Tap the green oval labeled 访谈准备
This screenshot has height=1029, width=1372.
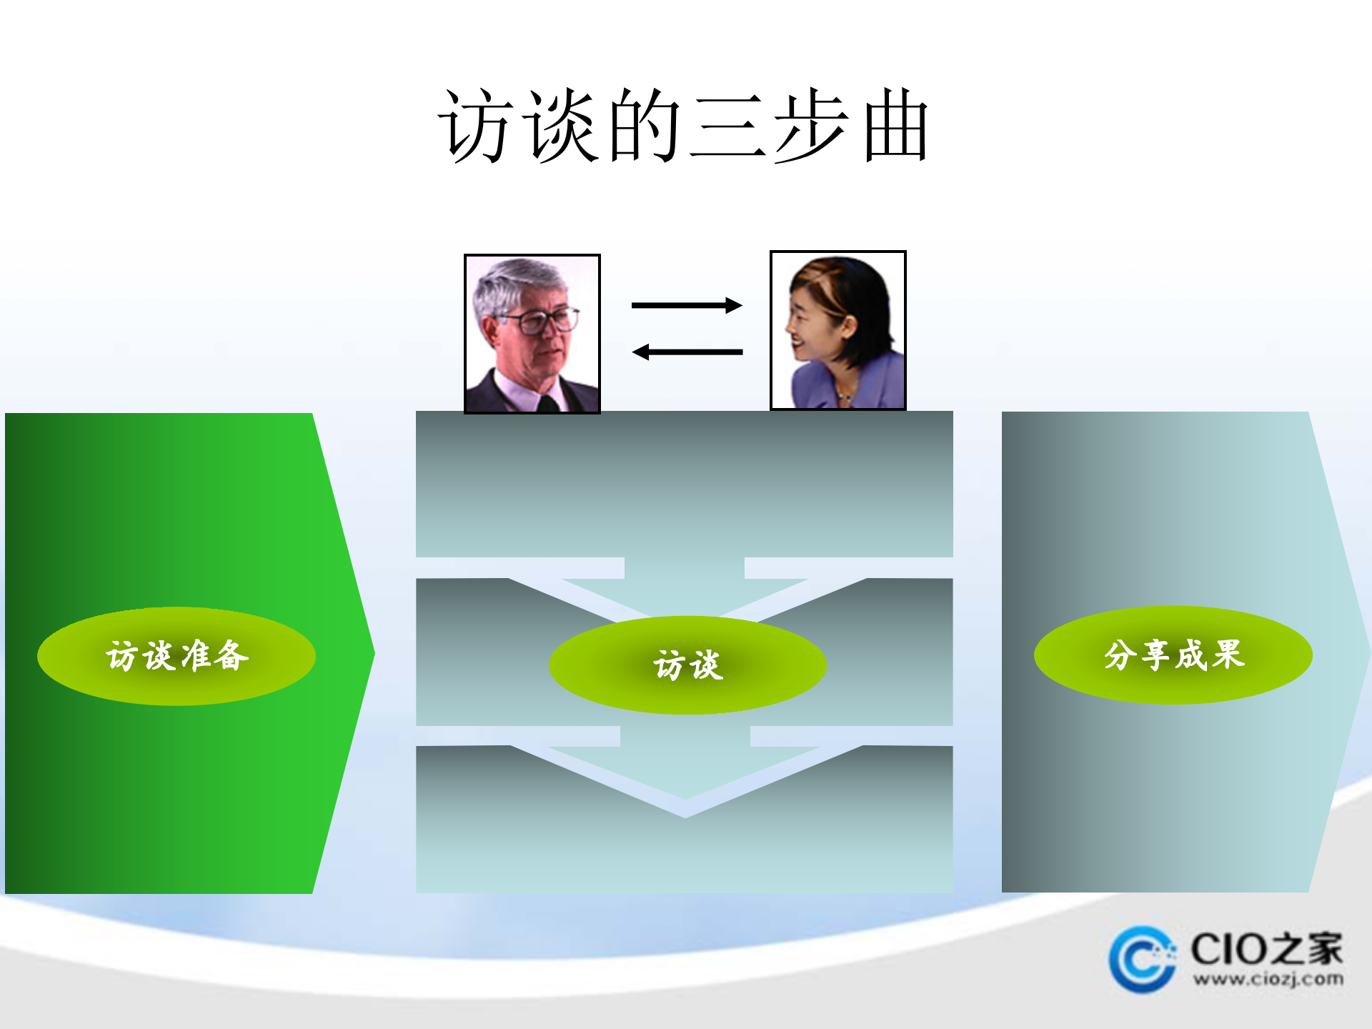(177, 656)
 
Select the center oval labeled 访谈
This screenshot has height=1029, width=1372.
(687, 665)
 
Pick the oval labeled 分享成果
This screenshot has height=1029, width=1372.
(1173, 655)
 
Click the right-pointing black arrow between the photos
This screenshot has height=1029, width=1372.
(687, 306)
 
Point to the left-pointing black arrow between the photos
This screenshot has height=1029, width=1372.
(687, 352)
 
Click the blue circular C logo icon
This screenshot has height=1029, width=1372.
(1141, 959)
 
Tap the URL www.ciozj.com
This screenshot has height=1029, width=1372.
(1268, 979)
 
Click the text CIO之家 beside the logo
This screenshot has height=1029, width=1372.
(1266, 949)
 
